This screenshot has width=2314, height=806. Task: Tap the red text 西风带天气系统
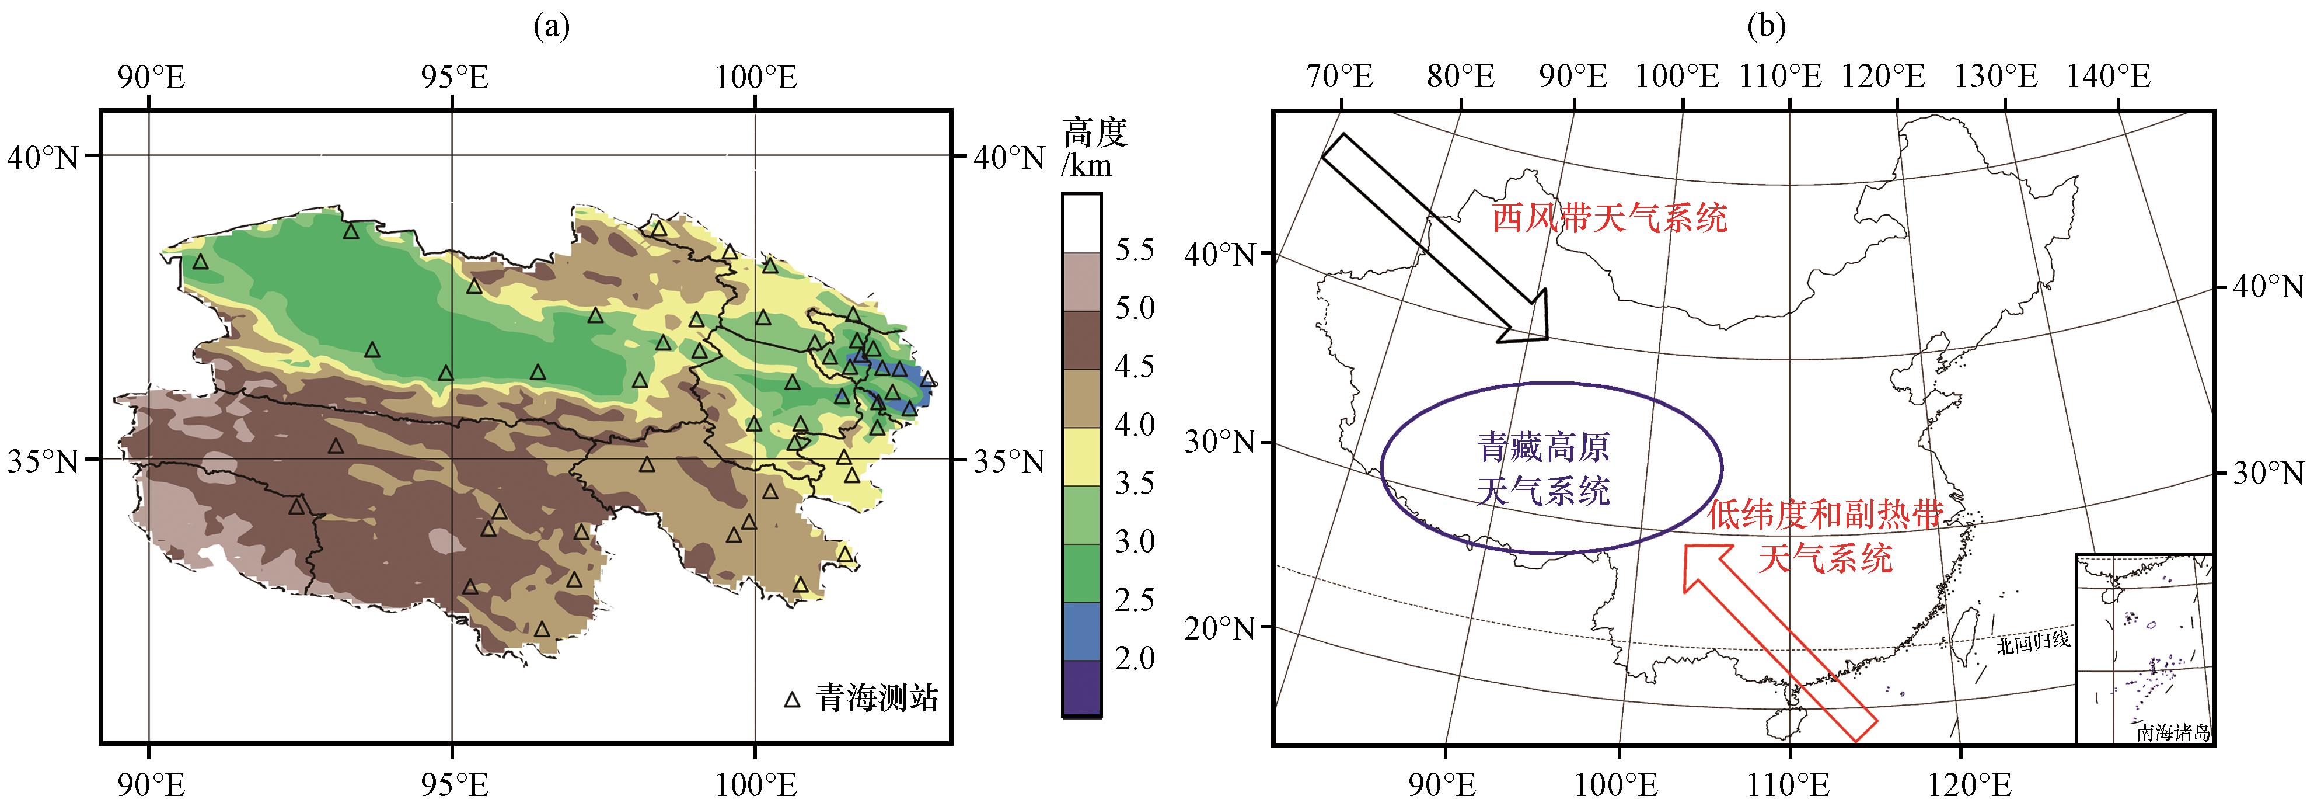click(x=1610, y=218)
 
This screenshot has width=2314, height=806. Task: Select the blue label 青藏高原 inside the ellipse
click(x=1543, y=447)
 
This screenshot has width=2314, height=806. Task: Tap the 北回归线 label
click(x=2034, y=641)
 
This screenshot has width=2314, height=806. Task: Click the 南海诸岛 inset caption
click(x=2173, y=732)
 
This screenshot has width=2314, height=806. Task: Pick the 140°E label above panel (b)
click(x=2109, y=77)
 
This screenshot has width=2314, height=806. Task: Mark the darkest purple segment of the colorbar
click(x=1081, y=687)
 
